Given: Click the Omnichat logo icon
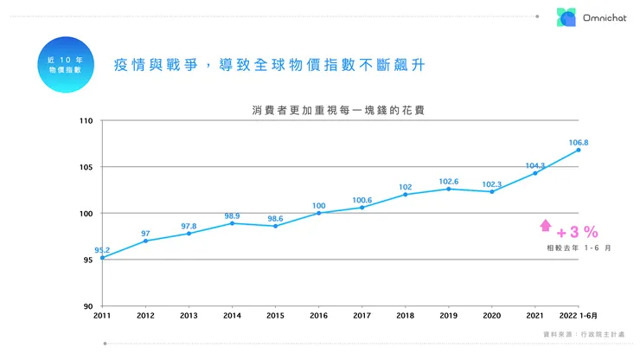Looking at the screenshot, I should click(x=566, y=17).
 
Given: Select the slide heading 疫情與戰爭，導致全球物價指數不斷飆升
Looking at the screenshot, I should click(x=270, y=65).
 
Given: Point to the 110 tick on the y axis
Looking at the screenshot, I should click(x=86, y=120).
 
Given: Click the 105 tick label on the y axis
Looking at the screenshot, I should click(x=86, y=167).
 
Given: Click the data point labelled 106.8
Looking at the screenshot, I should click(x=578, y=150).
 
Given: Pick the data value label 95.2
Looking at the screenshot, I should click(x=102, y=249).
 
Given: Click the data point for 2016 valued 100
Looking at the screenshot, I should click(x=318, y=213).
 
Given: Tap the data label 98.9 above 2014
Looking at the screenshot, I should click(x=232, y=215).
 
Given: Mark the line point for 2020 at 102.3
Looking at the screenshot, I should click(x=491, y=191).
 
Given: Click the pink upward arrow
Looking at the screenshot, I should click(x=545, y=226).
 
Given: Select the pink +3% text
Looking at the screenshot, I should click(x=577, y=232).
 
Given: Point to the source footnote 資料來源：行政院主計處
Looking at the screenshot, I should click(x=588, y=334).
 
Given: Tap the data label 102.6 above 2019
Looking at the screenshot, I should click(x=448, y=181).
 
